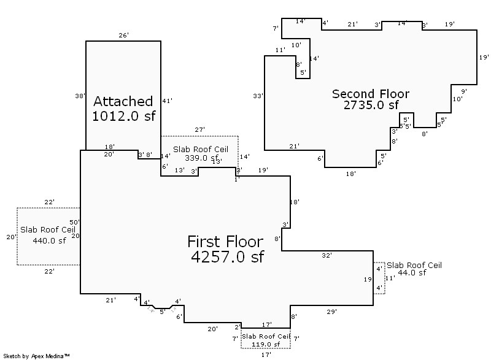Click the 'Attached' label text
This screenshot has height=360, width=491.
coord(123,101)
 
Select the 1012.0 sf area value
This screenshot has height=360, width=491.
coord(123,117)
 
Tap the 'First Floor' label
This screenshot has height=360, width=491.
coord(225,241)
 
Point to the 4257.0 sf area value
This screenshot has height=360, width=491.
coord(226,257)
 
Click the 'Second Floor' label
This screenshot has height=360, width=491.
coord(371,94)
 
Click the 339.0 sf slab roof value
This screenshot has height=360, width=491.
coord(200,158)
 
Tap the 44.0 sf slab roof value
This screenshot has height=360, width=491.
coord(411,273)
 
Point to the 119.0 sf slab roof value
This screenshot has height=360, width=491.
coord(265,345)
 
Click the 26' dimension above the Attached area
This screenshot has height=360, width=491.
coord(123,36)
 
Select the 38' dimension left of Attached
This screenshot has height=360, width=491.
coord(79,96)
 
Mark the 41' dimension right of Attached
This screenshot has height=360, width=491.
coord(168,101)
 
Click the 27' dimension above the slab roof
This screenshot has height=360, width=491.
coord(199,130)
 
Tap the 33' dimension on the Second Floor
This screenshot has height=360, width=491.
coord(258,96)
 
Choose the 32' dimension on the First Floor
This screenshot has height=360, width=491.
coord(327,255)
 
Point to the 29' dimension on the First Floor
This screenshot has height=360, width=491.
coord(331,312)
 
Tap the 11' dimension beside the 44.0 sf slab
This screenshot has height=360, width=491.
coord(390,278)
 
